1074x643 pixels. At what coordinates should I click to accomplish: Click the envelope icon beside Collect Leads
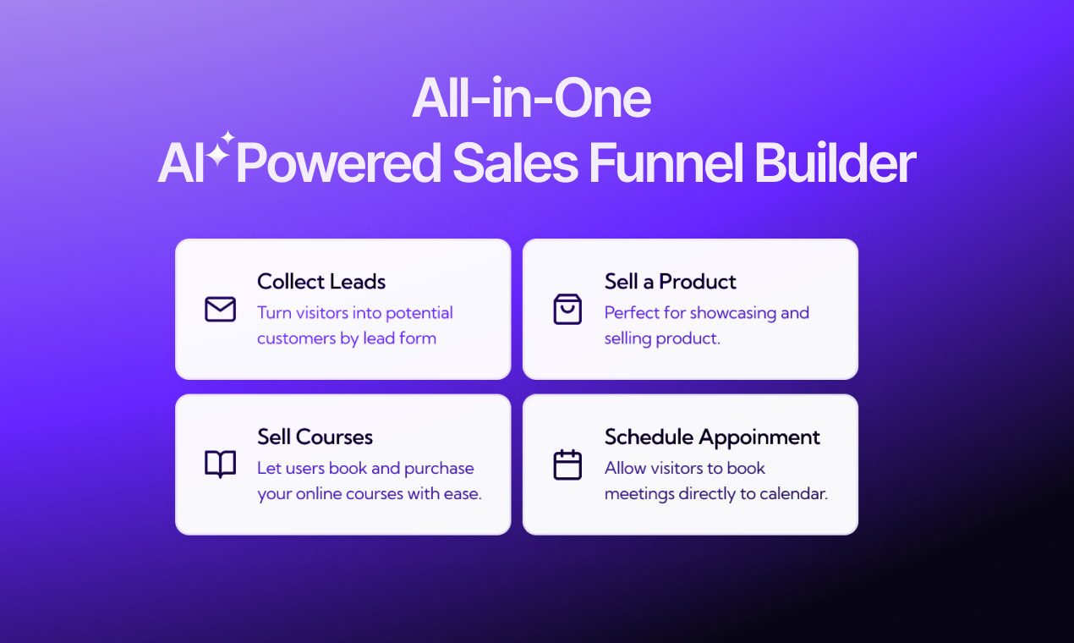pos(220,309)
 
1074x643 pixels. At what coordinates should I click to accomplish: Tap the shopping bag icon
pos(567,309)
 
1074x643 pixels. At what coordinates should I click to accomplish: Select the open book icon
pos(220,464)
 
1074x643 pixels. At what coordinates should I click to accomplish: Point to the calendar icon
pos(567,464)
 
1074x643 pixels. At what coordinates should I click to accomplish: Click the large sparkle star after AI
pos(217,156)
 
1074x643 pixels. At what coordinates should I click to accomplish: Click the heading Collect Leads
pos(321,281)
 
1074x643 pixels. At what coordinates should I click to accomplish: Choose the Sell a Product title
pos(670,281)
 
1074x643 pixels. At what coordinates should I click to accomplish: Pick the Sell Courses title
pos(315,437)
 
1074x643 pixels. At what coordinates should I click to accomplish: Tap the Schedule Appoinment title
pos(712,437)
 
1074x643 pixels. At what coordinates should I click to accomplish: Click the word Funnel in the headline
pos(666,163)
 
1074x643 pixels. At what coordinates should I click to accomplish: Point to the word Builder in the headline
pos(835,163)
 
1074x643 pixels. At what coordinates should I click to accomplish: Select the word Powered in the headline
pos(338,163)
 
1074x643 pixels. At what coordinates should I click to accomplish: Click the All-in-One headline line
pos(531,98)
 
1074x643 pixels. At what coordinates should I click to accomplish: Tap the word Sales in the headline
pos(515,163)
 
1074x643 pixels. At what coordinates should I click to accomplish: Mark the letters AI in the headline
pos(181,163)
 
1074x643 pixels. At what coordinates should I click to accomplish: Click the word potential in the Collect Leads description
pos(419,313)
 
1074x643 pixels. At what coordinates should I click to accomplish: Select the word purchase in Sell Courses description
pos(439,469)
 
